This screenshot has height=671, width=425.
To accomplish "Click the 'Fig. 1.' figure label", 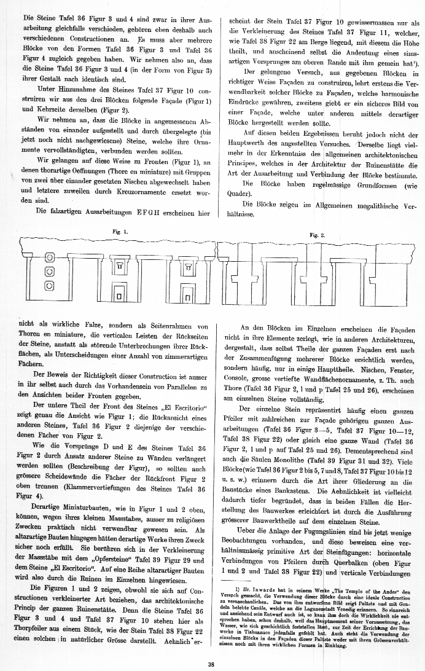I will coord(117,232).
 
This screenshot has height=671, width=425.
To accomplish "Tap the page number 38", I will coord(211,663).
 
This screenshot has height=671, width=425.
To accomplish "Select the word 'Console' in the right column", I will coord(240,382).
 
